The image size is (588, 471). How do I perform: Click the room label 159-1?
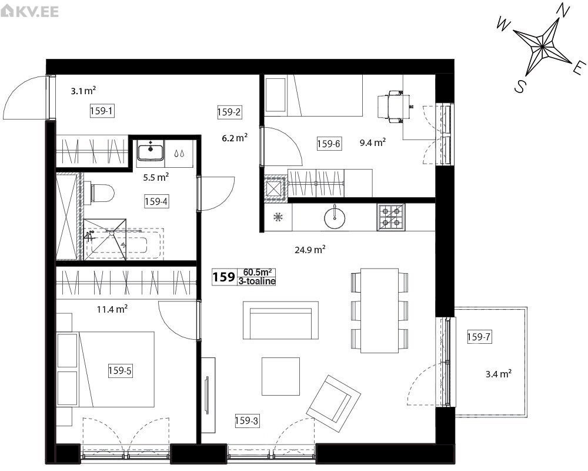102,111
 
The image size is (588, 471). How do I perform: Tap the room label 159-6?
329,144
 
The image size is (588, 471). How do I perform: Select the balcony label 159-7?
479,337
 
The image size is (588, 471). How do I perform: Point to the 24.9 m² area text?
310,250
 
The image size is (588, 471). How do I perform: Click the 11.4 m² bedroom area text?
112,310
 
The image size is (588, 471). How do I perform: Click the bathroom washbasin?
151,150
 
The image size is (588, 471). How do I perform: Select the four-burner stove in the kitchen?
391,217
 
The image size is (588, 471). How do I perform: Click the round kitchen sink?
335,217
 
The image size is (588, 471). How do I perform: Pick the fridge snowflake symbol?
278,217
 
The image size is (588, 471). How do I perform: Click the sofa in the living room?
280,320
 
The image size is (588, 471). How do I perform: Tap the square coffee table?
280,376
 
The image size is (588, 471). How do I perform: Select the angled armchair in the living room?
333,399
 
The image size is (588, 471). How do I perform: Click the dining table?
379,311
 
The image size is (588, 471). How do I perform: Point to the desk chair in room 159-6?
394,107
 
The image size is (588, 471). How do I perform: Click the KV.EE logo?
29,11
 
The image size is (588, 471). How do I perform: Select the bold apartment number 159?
224,277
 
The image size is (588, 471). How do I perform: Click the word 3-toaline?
257,281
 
